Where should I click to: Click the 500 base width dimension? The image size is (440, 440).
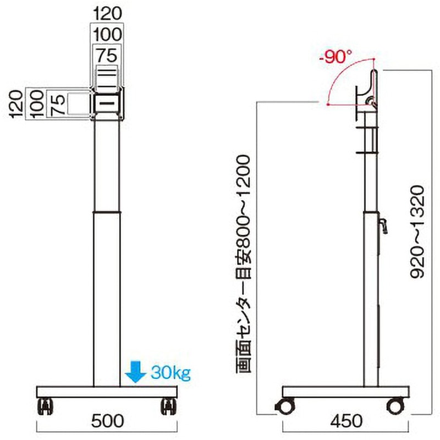pos(108,421)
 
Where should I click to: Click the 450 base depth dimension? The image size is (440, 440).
pos(346,421)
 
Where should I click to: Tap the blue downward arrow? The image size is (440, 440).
pos(135,372)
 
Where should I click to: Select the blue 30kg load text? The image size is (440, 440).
pos(171,373)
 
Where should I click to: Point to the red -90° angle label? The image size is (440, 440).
pos(335,57)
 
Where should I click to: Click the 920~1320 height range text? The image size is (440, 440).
pos(417,232)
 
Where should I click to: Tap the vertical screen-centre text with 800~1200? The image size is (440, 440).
pos(243,264)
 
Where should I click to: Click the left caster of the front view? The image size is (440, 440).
pos(45,406)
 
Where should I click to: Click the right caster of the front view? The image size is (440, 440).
pos(169,406)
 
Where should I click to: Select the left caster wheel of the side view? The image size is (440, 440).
pos(285,406)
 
